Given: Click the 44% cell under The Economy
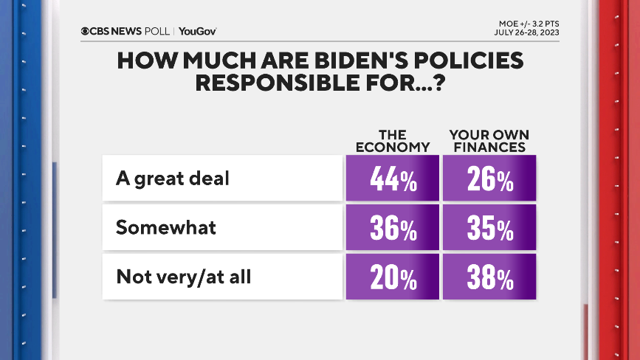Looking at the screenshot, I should click(393, 179).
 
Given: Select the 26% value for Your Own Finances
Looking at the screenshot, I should click(489, 179).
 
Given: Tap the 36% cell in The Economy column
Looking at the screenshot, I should click(393, 228).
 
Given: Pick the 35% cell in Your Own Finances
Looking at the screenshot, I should click(489, 228).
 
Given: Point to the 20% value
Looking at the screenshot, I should click(393, 277).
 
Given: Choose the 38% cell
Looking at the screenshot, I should click(489, 277).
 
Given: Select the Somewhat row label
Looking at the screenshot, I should click(166, 227).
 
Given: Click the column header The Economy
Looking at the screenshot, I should click(393, 140).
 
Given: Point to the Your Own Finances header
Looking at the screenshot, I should click(489, 140).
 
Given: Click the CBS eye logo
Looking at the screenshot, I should click(86, 31).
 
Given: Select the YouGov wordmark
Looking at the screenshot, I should click(197, 31).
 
